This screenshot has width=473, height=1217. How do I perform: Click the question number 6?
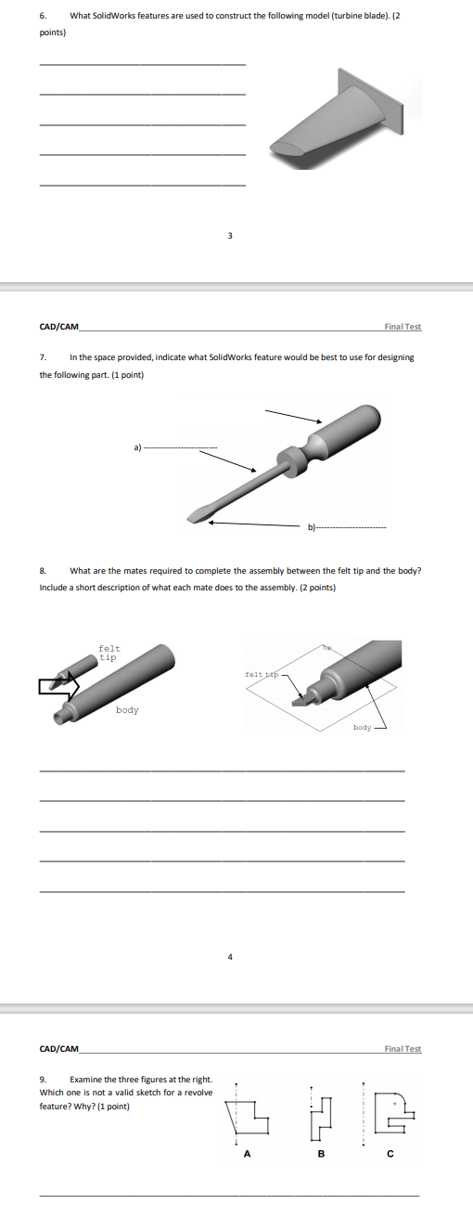tap(43, 16)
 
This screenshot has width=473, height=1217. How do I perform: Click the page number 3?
tap(230, 236)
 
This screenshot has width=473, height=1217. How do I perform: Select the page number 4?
tap(230, 957)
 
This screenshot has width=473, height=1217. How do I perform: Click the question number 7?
tap(43, 357)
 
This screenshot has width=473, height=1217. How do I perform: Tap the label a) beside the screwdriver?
tap(137, 447)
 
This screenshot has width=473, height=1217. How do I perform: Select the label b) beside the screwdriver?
tap(312, 526)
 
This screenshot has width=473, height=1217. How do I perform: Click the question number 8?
tap(43, 571)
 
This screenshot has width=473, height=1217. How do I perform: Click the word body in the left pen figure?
tap(127, 709)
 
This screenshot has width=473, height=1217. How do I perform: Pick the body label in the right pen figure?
tap(363, 727)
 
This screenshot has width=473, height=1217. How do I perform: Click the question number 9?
tap(43, 1079)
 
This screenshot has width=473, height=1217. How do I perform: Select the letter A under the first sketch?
tap(247, 1154)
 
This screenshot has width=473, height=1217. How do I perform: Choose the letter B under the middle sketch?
tap(321, 1154)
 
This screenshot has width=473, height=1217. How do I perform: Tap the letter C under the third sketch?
tap(390, 1154)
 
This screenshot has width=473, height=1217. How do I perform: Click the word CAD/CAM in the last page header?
tap(59, 1049)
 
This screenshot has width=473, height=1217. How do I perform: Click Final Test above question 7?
tap(403, 327)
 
